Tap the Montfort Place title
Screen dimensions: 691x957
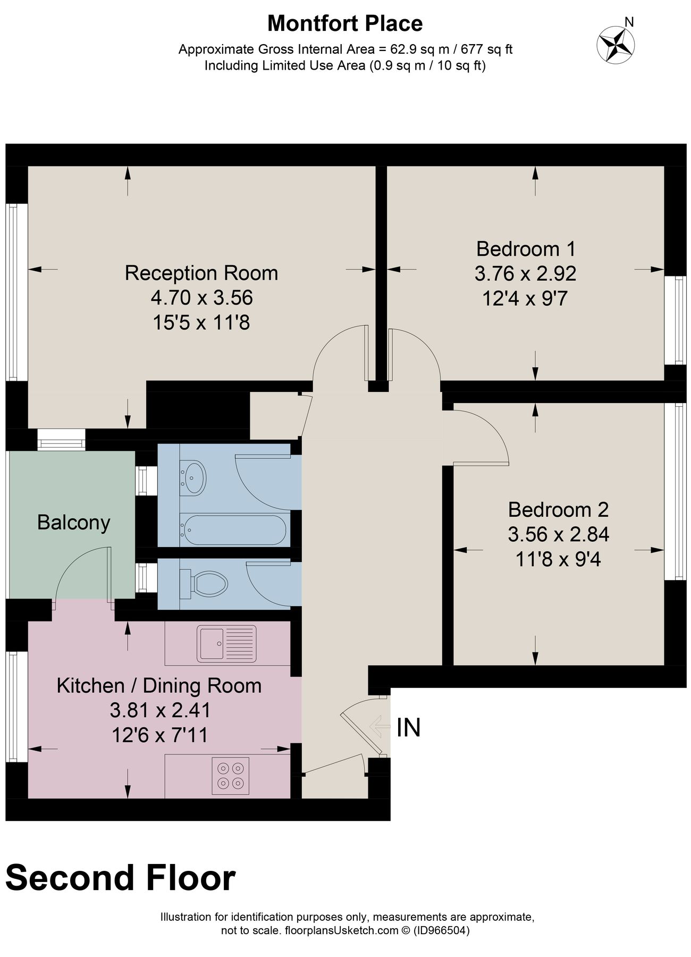345,23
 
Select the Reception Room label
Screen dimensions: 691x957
201,273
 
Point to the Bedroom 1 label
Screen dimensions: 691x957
526,248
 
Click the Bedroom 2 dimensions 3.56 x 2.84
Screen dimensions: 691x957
558,534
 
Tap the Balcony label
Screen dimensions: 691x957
73,522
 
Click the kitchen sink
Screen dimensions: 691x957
227,643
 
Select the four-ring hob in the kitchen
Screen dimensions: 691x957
230,776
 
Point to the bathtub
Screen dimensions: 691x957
234,530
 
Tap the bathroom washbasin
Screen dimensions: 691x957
193,477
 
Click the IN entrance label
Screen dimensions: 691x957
409,727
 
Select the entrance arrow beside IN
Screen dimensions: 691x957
380,726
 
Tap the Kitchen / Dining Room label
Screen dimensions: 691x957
159,685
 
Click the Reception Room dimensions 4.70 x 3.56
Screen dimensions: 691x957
201,298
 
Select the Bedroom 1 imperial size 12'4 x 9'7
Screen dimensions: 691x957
525,298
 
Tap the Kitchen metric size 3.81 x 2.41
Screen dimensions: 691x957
160,710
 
